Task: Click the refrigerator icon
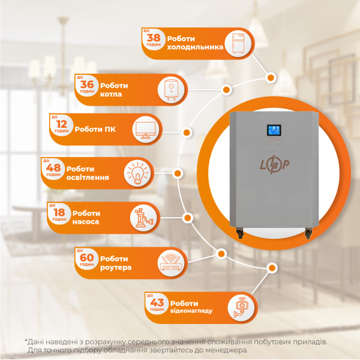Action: pyautogui.click(x=238, y=43)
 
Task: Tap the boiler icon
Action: pyautogui.click(x=171, y=90)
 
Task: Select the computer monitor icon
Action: pyautogui.click(x=145, y=130)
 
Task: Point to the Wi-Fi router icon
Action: pyautogui.click(x=171, y=263)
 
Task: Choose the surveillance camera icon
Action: pyautogui.click(x=241, y=308)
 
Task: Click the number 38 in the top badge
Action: pyautogui.click(x=154, y=37)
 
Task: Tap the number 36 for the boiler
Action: pyautogui.click(x=87, y=84)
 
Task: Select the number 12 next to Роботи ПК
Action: pyautogui.click(x=62, y=124)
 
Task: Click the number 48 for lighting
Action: pyautogui.click(x=53, y=168)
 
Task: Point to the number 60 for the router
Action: pyautogui.click(x=87, y=257)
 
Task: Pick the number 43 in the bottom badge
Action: pyautogui.click(x=157, y=302)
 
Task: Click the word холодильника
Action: pyautogui.click(x=195, y=47)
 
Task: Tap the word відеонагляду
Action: pyautogui.click(x=191, y=311)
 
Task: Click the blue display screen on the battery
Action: pyautogui.click(x=274, y=130)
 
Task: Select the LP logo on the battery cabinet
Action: pyautogui.click(x=274, y=164)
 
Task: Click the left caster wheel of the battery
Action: pyautogui.click(x=239, y=233)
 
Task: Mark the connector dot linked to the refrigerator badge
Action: pyautogui.click(x=271, y=78)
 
